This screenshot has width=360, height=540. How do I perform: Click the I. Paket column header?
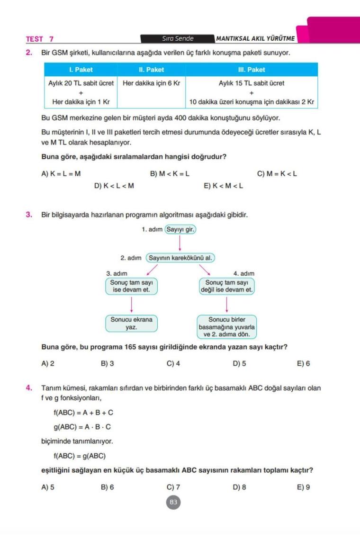point(81,70)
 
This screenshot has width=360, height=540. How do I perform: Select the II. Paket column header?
point(151,70)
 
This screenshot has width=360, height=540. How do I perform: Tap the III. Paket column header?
point(252,70)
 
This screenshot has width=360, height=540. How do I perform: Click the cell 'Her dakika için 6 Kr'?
point(151,83)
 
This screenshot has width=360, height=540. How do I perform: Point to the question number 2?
point(29,53)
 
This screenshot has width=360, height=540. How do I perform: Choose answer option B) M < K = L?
point(170,174)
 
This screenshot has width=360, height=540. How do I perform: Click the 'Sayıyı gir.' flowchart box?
point(180,230)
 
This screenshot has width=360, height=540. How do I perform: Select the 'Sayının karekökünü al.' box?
point(180,258)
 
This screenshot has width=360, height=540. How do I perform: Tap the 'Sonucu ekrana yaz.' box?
point(131,324)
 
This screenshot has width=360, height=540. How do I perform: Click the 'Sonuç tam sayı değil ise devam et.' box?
point(227,286)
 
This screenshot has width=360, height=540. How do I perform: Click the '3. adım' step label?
point(117,273)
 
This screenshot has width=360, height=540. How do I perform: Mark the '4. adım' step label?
point(244,273)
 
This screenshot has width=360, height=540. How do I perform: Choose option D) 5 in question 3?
point(239,364)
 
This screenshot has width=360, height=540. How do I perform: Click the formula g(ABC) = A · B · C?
point(82,427)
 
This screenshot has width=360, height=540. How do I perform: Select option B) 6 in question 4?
point(107,487)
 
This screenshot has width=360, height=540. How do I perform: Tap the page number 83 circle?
point(174,503)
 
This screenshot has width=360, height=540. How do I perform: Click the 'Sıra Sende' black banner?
point(178,39)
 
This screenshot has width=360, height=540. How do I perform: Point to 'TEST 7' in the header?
point(40,39)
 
